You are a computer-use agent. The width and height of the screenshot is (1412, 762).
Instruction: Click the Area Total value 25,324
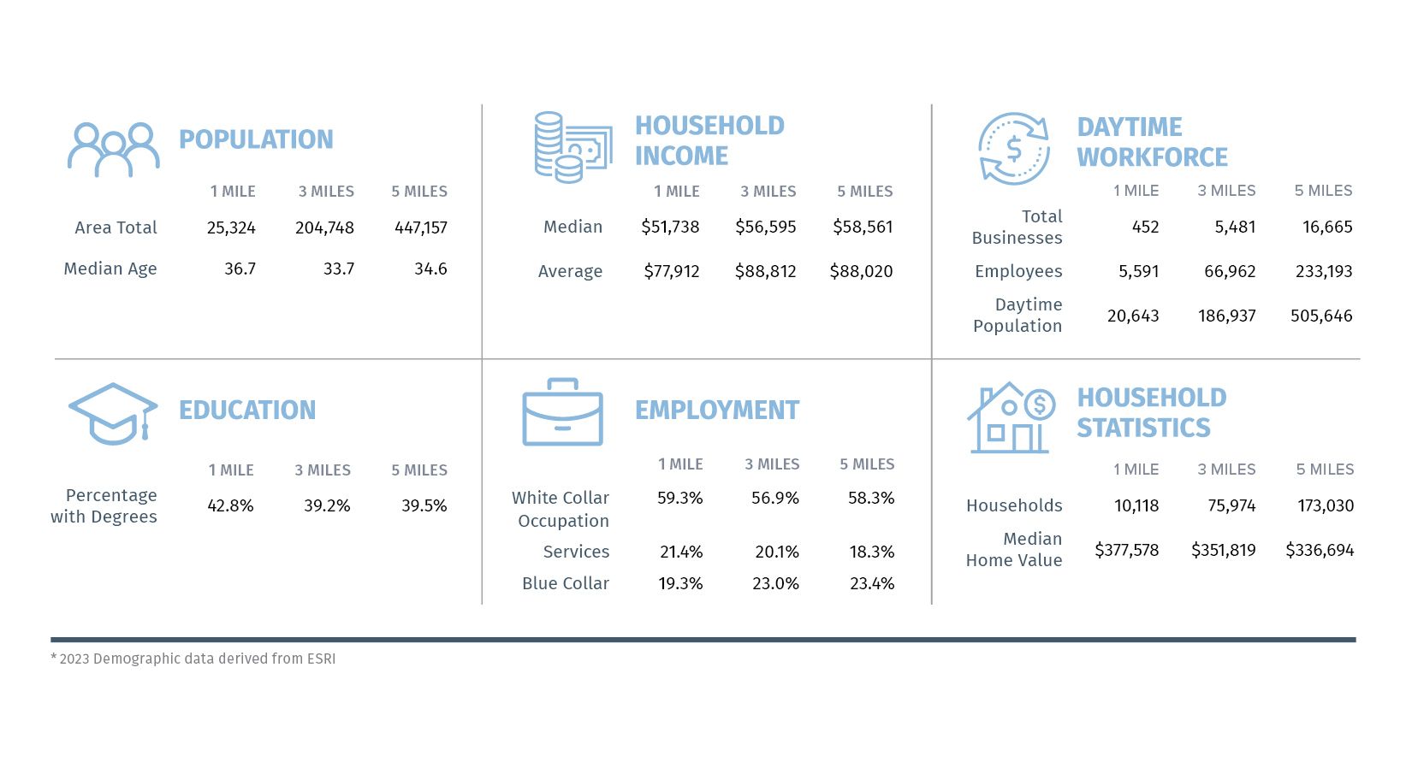pos(231,228)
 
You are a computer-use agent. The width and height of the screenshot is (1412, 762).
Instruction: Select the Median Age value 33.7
pos(339,269)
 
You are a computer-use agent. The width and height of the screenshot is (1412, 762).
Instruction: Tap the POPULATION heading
pos(256,139)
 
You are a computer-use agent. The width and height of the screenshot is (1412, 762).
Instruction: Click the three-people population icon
pos(114,150)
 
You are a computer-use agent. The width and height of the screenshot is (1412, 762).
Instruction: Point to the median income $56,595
pos(765,227)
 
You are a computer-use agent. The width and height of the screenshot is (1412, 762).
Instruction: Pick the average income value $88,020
pos(861,272)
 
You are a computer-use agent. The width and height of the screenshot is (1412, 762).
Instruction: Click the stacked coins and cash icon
pos(572,147)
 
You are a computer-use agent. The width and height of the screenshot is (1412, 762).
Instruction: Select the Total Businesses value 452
pos(1145,227)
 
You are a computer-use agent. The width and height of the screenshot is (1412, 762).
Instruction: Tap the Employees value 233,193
pos(1323,272)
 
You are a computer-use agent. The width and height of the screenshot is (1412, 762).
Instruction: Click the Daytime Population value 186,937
pos(1226,316)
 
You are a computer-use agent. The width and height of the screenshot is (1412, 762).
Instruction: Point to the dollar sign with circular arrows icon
pos(1014,149)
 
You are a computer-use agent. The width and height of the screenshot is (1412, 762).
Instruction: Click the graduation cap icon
pos(113,414)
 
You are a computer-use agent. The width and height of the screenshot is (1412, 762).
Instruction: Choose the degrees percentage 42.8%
pos(230,506)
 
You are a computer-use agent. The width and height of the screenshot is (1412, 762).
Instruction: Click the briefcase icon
pos(562,413)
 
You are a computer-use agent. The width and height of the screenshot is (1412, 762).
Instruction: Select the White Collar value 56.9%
pos(774,499)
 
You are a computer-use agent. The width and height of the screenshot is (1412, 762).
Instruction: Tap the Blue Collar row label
pos(566,584)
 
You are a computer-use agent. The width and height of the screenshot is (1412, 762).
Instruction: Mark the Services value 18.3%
pos(871,552)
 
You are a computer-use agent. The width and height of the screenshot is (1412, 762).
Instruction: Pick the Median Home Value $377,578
pos(1126,551)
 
